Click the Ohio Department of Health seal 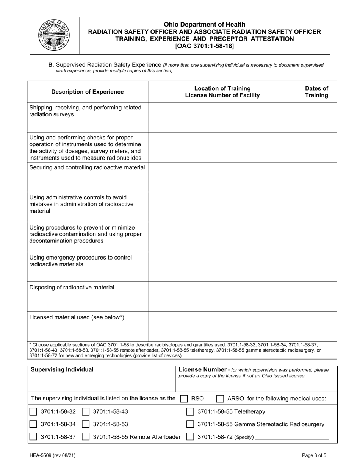(x=55, y=35)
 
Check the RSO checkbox (x=184, y=398)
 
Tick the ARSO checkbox (x=220, y=398)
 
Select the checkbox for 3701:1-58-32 (x=33, y=412)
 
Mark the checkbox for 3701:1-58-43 (x=86, y=412)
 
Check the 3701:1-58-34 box (x=33, y=424)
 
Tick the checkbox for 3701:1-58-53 (x=86, y=424)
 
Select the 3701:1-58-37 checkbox (x=33, y=437)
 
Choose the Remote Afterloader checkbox (x=86, y=437)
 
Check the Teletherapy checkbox (x=191, y=412)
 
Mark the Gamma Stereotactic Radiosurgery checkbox (x=191, y=424)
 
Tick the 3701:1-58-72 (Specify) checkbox (x=191, y=437)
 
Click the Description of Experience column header (x=88, y=92)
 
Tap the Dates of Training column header (x=316, y=92)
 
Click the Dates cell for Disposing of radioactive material (x=316, y=296)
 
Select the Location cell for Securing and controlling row (x=222, y=177)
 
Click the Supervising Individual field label (x=62, y=370)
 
